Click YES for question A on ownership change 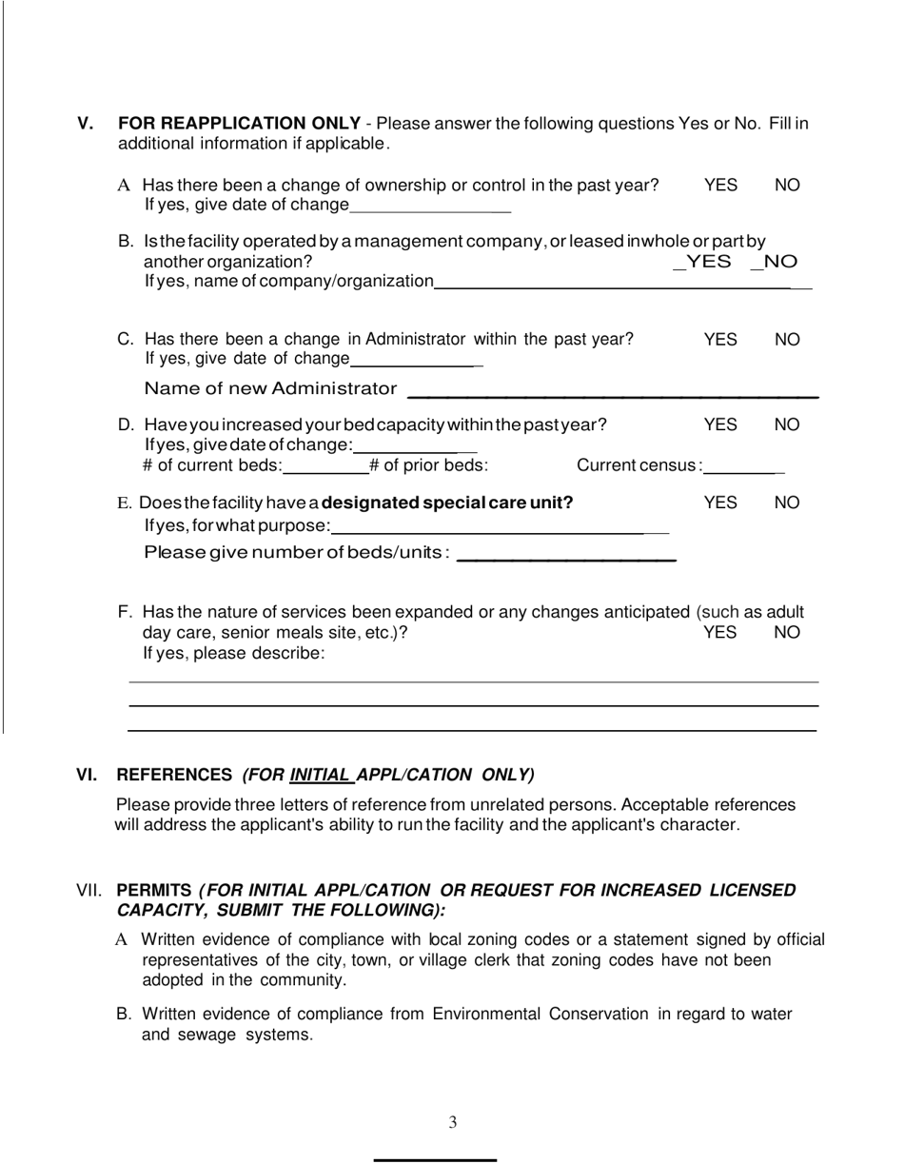tap(720, 186)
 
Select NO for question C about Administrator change tap(787, 340)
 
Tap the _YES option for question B tap(702, 262)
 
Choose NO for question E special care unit tap(787, 503)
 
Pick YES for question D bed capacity tap(720, 424)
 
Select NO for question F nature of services tap(787, 633)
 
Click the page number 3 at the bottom tap(452, 1123)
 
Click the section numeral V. tap(86, 124)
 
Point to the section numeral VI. tap(87, 775)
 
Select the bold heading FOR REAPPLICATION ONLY tap(239, 124)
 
